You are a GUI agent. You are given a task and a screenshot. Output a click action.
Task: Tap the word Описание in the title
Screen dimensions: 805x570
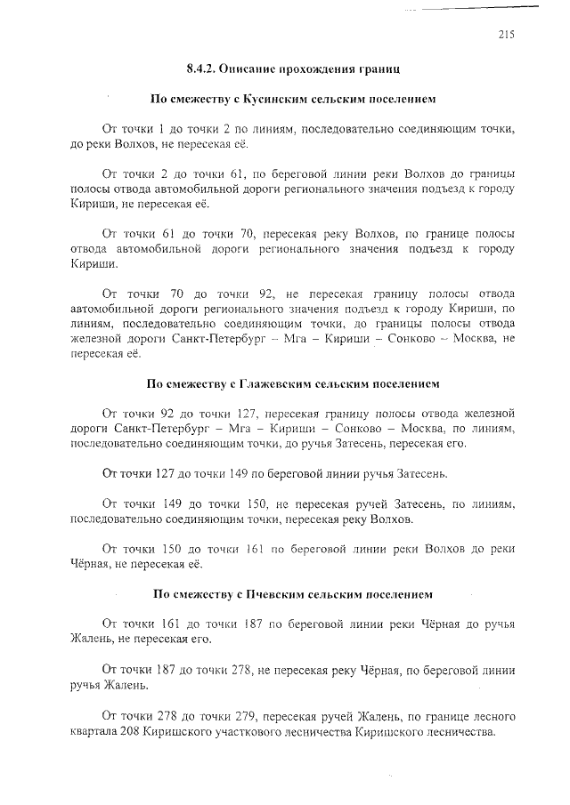259,68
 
